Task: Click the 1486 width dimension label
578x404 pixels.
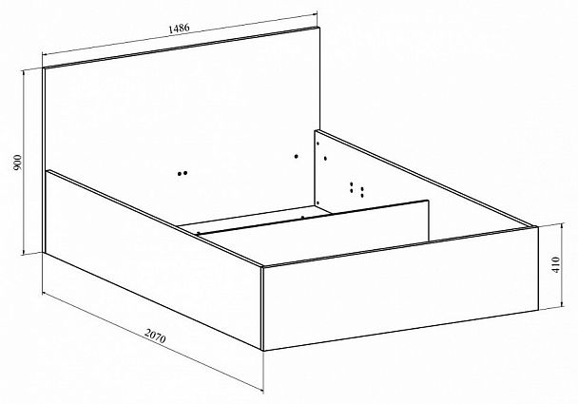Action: click(x=179, y=29)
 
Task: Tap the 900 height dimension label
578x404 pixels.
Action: click(x=17, y=163)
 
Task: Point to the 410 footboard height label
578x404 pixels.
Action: click(x=556, y=264)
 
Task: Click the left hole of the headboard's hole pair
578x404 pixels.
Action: click(x=180, y=174)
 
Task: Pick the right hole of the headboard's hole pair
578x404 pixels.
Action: click(x=185, y=172)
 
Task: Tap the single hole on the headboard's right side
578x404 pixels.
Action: click(x=296, y=156)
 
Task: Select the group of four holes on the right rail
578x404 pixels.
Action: click(x=356, y=189)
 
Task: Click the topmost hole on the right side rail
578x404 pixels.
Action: click(x=318, y=143)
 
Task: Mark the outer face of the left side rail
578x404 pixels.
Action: click(x=153, y=260)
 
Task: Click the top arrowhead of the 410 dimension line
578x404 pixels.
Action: click(x=562, y=225)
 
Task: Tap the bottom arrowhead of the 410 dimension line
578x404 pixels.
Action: click(x=562, y=304)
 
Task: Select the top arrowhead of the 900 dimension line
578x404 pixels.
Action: click(x=24, y=72)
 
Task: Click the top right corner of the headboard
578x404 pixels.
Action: click(x=319, y=27)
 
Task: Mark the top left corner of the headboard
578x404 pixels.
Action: click(x=43, y=68)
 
